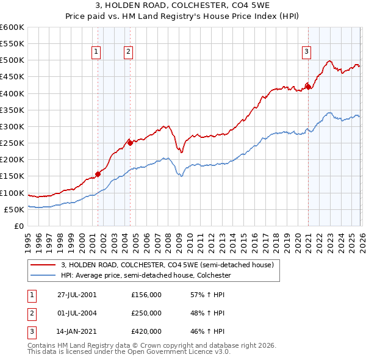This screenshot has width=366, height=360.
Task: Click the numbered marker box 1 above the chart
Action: [x=96, y=52]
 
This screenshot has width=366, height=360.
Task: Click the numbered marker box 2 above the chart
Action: [x=129, y=52]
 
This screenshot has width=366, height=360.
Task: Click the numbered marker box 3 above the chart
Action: [x=306, y=52]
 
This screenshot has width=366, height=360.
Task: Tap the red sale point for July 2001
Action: [x=98, y=174]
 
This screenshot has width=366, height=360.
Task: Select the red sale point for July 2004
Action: [x=130, y=143]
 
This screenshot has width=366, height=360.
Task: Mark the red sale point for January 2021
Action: [x=309, y=87]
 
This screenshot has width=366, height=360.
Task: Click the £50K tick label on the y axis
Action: [x=14, y=209]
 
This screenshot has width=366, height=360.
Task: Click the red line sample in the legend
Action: [x=43, y=265]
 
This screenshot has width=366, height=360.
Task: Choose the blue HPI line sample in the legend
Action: [x=43, y=275]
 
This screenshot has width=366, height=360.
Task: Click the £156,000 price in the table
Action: [x=146, y=294]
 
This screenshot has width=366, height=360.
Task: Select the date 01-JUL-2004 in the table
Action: [x=77, y=313]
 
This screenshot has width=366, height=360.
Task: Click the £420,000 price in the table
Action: [x=146, y=332]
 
